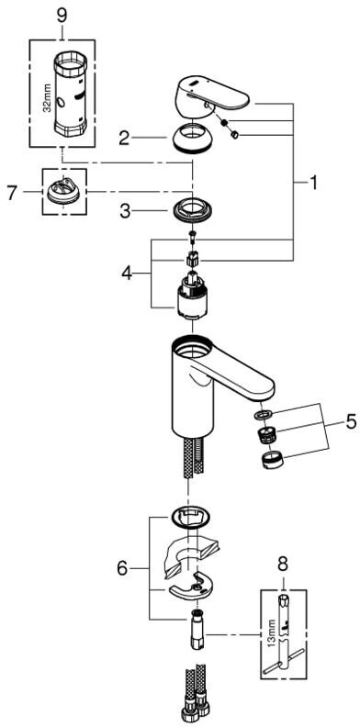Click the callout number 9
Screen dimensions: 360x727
(62, 15)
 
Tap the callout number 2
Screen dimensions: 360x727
(123, 139)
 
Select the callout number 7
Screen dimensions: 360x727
(14, 193)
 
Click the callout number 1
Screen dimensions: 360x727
(313, 184)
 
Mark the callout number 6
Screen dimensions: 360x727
(122, 568)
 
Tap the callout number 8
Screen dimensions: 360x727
(283, 564)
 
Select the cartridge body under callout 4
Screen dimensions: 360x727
(190, 300)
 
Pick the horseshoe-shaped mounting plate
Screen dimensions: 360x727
(191, 587)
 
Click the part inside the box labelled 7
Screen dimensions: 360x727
(63, 191)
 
